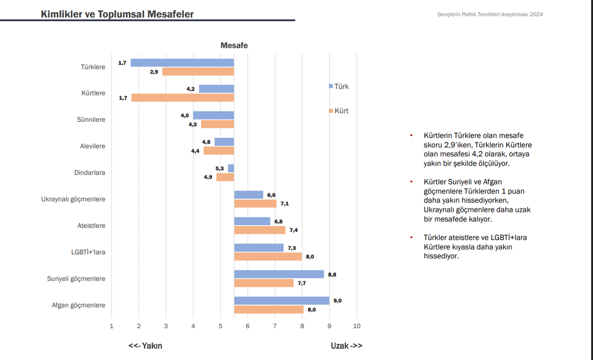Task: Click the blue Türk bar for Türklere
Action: coord(182,63)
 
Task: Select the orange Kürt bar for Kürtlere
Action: coord(182,98)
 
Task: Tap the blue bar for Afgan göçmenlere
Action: coord(282,300)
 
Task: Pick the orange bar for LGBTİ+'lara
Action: coord(268,256)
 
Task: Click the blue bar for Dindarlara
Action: coord(231,168)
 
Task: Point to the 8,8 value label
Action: coord(332,274)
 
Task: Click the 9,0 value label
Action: coord(338,300)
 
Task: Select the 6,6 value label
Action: coord(271,195)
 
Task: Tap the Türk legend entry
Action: coord(339,86)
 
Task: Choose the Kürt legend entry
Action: coord(339,111)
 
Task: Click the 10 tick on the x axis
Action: coord(357,326)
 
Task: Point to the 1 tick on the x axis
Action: coord(111,326)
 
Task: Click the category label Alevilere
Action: coord(93,146)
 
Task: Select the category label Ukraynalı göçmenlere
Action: coord(73,199)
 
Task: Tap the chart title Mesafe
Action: coord(234,46)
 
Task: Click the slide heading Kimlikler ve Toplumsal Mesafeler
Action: coord(117,14)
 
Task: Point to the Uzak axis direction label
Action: coord(346,346)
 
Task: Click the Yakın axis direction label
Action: coord(146,346)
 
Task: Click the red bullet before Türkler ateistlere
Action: coord(411,237)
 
